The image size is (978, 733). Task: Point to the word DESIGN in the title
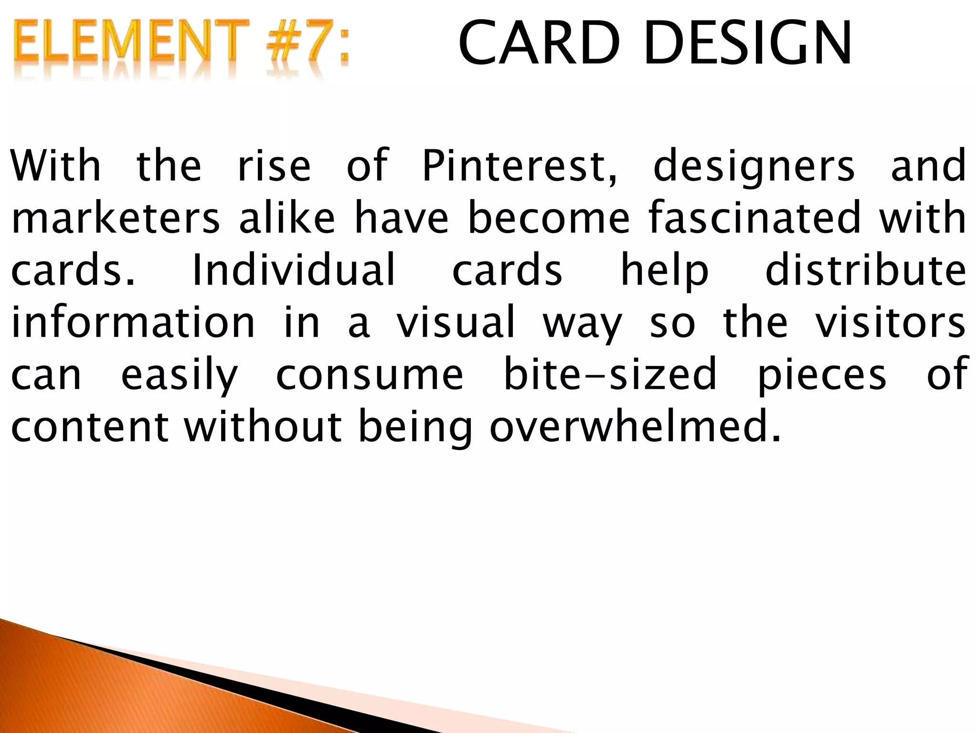pos(748,43)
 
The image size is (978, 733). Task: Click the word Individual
pos(294,270)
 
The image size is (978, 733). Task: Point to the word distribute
pos(866,270)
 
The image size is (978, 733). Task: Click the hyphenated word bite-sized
pos(611,374)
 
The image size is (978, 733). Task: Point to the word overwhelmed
pos(635,426)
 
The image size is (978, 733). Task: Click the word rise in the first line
pos(274,166)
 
